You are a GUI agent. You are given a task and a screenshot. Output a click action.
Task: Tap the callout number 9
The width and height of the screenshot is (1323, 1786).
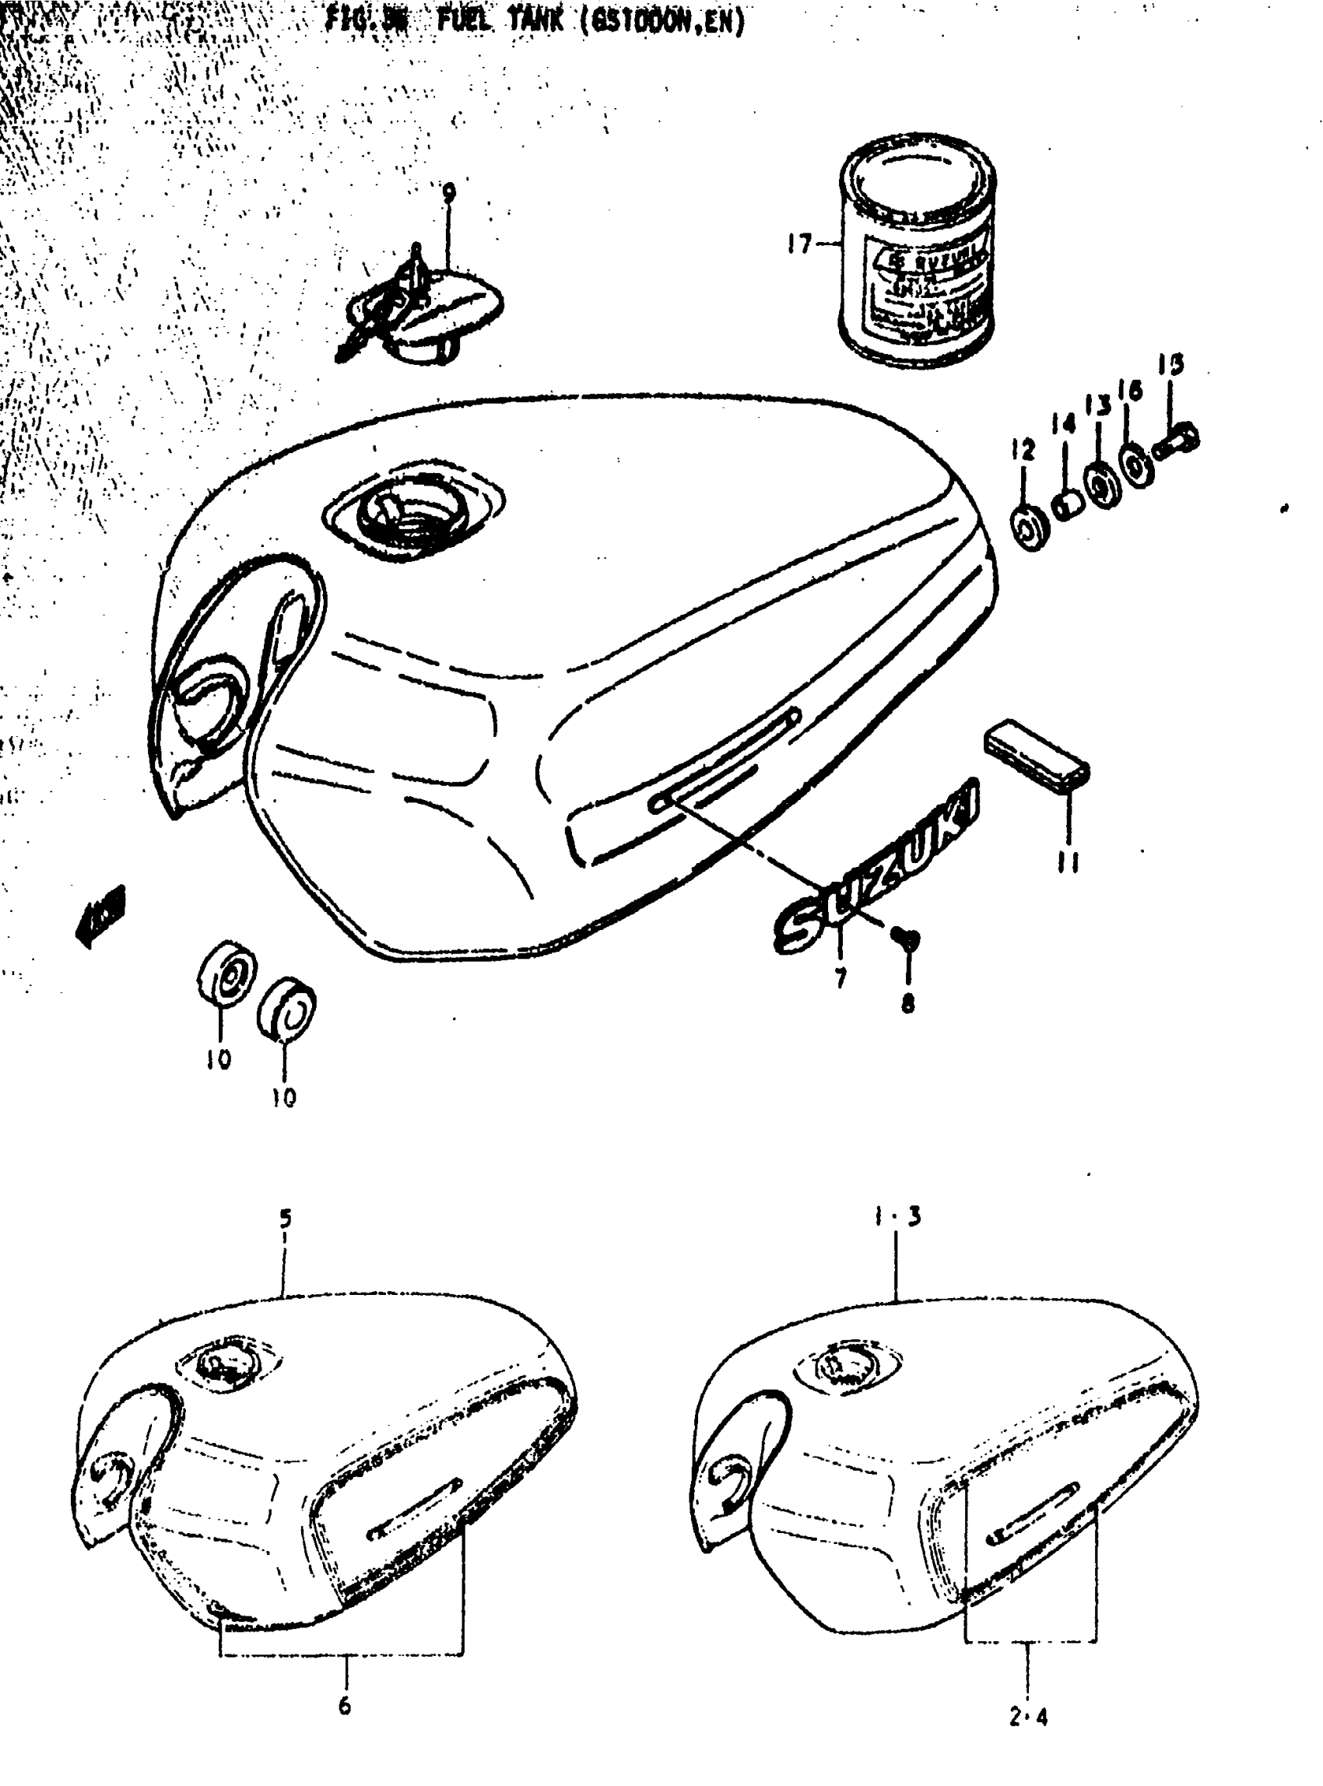tap(448, 193)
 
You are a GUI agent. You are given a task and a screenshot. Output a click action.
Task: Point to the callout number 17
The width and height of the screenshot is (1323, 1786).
tap(798, 244)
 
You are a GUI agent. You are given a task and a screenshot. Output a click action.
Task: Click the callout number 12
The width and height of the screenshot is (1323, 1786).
tap(1023, 449)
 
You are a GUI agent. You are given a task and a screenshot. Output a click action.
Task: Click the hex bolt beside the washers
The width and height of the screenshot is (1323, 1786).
tap(1177, 441)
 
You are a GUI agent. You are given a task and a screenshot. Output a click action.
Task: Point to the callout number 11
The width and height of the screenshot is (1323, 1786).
tap(1069, 862)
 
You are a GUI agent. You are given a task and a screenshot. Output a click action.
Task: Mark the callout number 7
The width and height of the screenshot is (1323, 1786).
tap(840, 978)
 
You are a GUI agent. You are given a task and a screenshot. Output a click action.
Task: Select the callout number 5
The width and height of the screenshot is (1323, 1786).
tap(286, 1219)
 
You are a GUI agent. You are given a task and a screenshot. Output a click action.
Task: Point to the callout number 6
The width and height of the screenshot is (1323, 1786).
tap(344, 1706)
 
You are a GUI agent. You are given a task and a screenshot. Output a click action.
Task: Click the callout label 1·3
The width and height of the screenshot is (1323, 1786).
tap(897, 1217)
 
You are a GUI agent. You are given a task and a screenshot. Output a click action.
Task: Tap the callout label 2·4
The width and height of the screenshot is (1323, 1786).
tap(1028, 1717)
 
